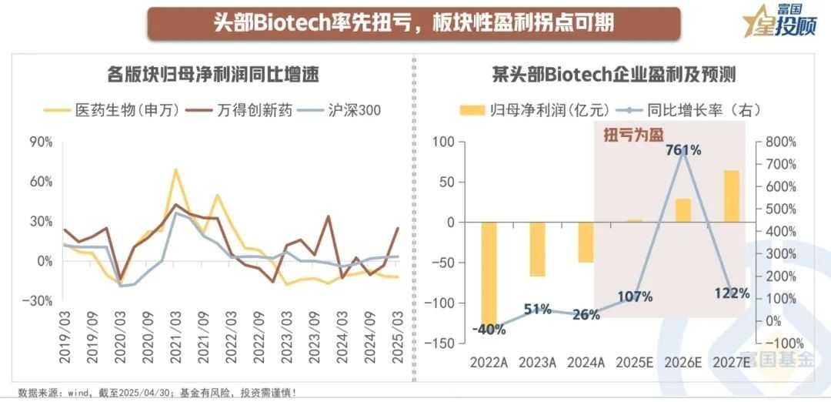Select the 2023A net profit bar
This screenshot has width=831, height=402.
tap(538, 249)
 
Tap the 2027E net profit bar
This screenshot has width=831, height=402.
tap(731, 196)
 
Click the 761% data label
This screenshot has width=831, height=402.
tap(682, 150)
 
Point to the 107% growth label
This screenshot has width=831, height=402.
tap(635, 296)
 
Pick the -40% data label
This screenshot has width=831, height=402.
tap(489, 330)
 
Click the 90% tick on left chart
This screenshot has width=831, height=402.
tap(41, 142)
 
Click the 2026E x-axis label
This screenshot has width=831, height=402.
tap(682, 360)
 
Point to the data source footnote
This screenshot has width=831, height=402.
tap(158, 392)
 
